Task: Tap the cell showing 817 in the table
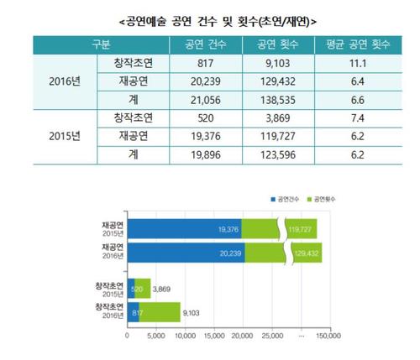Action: tap(193, 63)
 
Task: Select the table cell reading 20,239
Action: tap(193, 81)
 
